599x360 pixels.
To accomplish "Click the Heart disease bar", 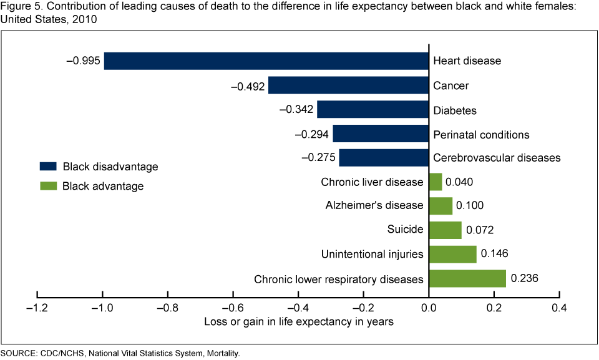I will click(266, 61).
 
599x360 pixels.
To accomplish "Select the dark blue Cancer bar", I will click(348, 85).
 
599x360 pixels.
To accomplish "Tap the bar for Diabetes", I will click(373, 110).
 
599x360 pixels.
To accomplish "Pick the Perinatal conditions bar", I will click(381, 134).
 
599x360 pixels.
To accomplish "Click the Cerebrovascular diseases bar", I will click(384, 158).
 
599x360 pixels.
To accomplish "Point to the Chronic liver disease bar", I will click(436, 182).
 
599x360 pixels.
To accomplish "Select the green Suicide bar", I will click(445, 230).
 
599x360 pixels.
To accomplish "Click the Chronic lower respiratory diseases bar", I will click(467, 279).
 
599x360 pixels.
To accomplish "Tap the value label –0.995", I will click(83, 61).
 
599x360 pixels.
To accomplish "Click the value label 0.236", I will click(525, 279).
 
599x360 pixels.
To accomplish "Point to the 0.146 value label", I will click(496, 255).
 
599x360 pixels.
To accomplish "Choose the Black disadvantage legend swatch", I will click(48, 167).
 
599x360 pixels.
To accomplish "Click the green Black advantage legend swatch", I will click(48, 186).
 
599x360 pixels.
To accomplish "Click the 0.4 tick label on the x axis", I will click(560, 308).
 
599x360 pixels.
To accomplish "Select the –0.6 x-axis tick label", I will click(233, 308).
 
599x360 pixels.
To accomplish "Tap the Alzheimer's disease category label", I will click(374, 205).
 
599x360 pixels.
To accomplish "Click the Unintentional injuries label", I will click(372, 255).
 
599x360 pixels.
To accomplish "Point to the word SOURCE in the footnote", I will click(18, 354).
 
